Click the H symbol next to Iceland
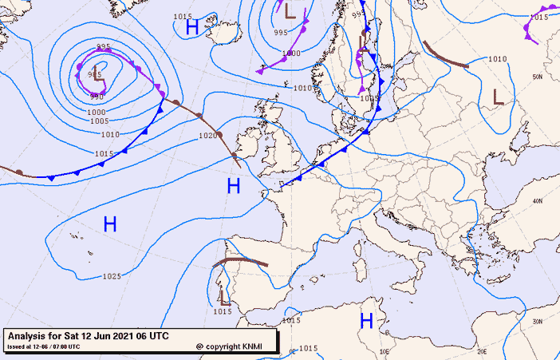coord(192,27)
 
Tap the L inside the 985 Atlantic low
coord(97,74)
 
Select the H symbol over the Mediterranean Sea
coord(366,321)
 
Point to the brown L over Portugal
coord(225,298)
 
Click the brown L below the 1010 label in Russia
coord(499,97)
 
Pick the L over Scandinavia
coord(364,42)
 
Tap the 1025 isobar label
coord(112,277)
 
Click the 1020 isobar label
coord(208,136)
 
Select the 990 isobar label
coord(97,97)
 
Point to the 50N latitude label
coord(538,77)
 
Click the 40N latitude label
coord(538,200)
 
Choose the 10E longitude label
coord(383,350)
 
